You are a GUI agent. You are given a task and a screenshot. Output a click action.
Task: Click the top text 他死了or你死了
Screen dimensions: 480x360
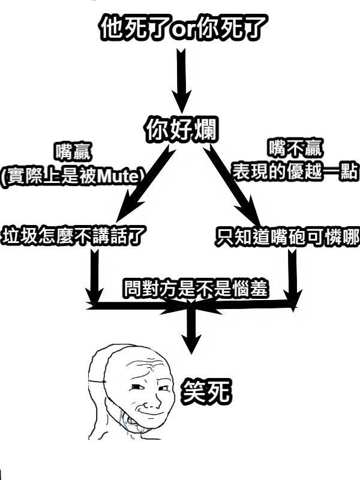[x=181, y=27]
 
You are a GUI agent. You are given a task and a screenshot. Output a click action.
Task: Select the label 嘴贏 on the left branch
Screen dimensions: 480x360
[x=74, y=152]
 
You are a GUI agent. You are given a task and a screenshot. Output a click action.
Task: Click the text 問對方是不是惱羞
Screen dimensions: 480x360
[x=196, y=289]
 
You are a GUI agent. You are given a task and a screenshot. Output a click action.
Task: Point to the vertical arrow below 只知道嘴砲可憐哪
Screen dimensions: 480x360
[x=292, y=276]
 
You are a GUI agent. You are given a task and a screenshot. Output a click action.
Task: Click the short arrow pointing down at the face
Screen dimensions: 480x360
[x=191, y=330]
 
